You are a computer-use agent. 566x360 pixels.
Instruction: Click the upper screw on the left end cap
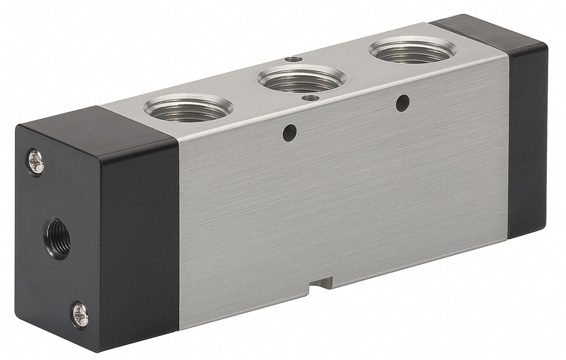(33, 160)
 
